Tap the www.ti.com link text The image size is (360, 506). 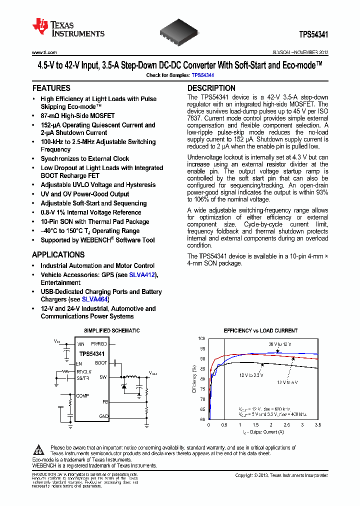pyautogui.click(x=44, y=52)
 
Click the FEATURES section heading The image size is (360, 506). pyautogui.click(x=51, y=88)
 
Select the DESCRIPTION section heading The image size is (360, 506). pyautogui.click(x=211, y=88)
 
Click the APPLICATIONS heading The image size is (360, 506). pyautogui.click(x=58, y=254)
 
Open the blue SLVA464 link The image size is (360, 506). pyautogui.click(x=94, y=299)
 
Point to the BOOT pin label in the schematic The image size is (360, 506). pyautogui.click(x=101, y=363)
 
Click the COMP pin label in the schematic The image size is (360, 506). pyautogui.click(x=83, y=395)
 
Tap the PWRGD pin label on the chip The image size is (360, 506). pyautogui.click(x=99, y=344)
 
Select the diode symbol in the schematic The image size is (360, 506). pyautogui.click(x=124, y=386)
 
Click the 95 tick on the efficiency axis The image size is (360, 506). pyautogui.click(x=201, y=348)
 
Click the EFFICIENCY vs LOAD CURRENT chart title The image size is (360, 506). pyautogui.click(x=260, y=330)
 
